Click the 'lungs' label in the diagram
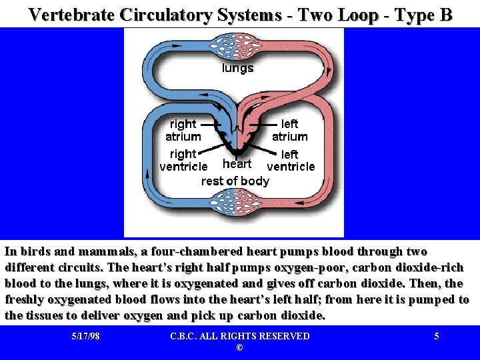[x=237, y=68]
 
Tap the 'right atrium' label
[x=183, y=130]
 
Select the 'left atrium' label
[x=289, y=130]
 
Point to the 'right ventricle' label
[x=183, y=160]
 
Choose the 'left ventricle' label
[x=290, y=160]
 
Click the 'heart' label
[x=237, y=164]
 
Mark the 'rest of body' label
[x=235, y=181]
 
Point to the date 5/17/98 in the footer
[x=85, y=336]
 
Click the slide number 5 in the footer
[x=437, y=336]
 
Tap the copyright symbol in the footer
[x=239, y=348]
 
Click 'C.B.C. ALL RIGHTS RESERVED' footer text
[x=239, y=336]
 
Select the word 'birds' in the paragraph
[x=35, y=252]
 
